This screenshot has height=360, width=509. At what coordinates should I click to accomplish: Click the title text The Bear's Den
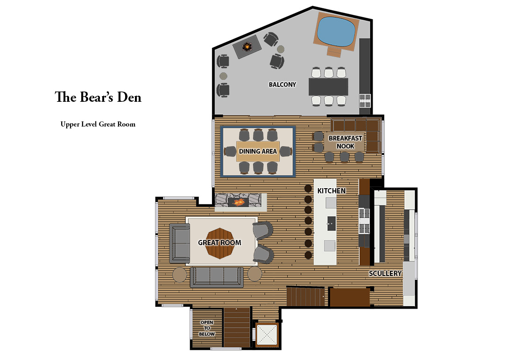click(x=98, y=98)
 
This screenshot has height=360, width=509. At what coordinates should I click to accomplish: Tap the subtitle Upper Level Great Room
click(x=98, y=124)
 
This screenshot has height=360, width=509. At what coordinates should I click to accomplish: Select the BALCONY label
click(x=282, y=85)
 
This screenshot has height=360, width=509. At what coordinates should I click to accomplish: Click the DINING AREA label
click(x=258, y=151)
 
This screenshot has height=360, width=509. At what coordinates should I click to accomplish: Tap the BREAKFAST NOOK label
click(x=346, y=142)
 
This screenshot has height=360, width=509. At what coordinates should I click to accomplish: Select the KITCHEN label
click(x=332, y=191)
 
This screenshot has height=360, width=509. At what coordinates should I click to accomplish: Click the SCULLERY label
click(x=385, y=273)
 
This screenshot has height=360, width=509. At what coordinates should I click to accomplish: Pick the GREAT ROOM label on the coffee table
click(x=219, y=242)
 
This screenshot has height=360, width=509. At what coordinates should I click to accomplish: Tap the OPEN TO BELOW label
click(x=207, y=328)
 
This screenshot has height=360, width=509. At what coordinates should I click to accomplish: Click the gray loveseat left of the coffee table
click(x=179, y=243)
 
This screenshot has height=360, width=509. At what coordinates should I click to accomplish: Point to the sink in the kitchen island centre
click(x=331, y=221)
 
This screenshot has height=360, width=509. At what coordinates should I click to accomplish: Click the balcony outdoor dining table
click(x=329, y=86)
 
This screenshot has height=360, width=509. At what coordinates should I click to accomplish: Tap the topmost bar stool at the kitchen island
click(x=308, y=189)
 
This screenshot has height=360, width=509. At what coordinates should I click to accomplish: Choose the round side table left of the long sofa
click(x=179, y=274)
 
